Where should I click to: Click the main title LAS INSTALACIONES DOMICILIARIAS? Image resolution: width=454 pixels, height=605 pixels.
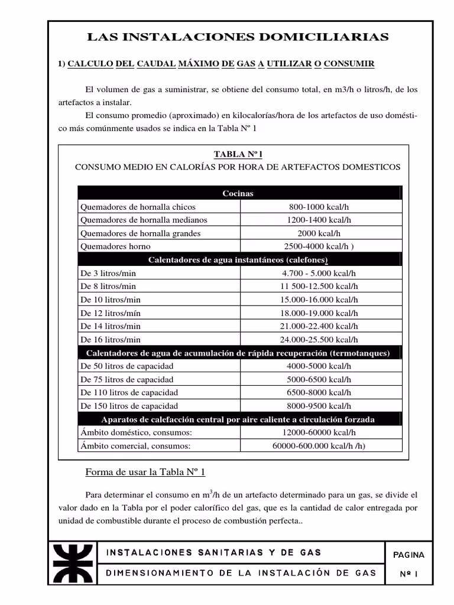(238, 37)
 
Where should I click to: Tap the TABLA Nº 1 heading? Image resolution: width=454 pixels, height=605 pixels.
(238, 154)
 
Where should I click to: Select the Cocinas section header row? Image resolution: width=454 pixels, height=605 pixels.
(238, 193)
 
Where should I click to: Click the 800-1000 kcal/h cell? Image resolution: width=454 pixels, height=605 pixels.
(320, 207)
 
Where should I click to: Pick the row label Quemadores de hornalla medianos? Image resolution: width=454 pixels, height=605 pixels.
(144, 220)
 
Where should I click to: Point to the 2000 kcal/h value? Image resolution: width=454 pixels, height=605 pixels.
(320, 233)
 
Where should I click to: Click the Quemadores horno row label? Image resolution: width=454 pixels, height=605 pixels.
(115, 246)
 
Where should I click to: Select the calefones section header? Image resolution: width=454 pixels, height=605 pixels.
(238, 259)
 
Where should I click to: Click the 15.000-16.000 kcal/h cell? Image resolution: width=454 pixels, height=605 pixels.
(320, 300)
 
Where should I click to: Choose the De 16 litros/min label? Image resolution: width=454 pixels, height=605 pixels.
(111, 339)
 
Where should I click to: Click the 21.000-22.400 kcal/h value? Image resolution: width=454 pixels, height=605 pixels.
(320, 326)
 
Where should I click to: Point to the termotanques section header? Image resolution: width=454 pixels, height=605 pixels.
(238, 353)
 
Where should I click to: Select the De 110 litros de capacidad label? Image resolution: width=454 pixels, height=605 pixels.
(129, 392)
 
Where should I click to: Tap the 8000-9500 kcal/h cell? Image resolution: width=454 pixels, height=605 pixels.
(320, 406)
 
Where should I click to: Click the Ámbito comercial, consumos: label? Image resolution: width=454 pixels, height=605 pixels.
(135, 445)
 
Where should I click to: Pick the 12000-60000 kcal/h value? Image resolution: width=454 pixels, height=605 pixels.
(320, 432)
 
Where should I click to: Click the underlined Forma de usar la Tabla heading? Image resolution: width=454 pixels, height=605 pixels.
(145, 472)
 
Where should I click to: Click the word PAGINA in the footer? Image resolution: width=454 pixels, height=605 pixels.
(408, 555)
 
